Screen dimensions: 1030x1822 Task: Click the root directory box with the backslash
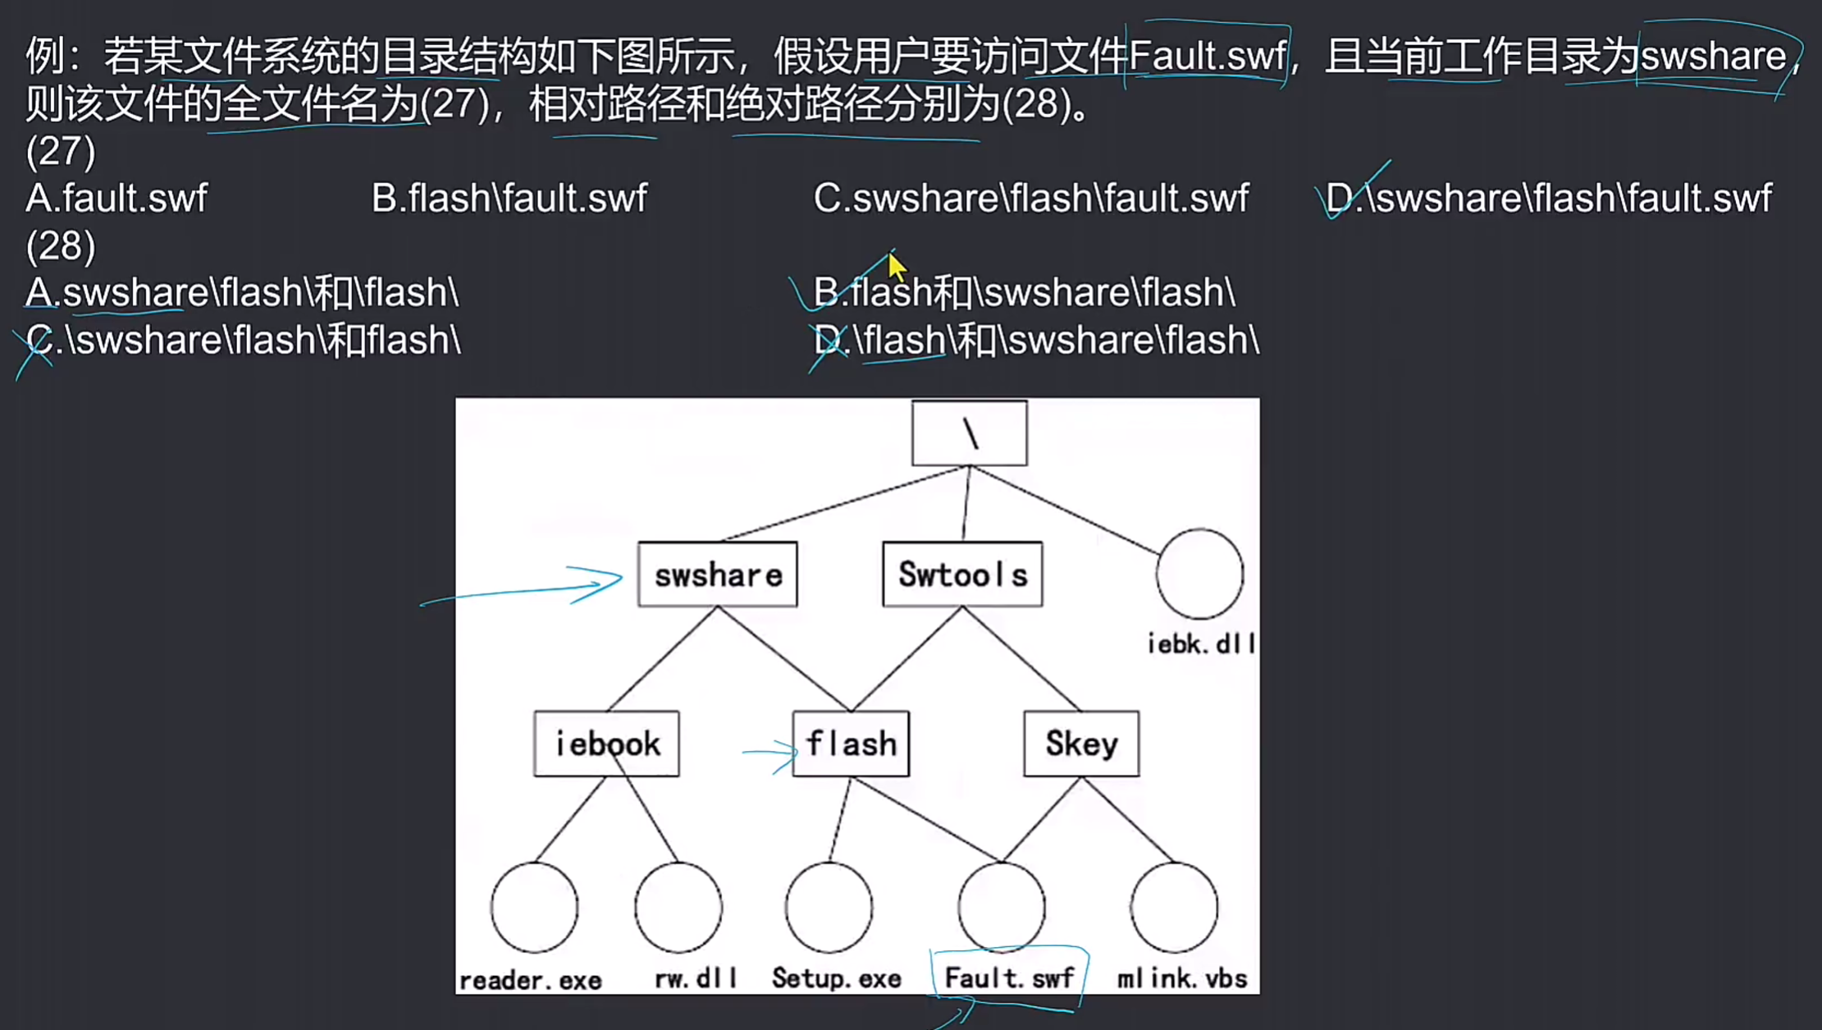(969, 433)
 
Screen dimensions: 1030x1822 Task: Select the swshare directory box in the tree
(717, 575)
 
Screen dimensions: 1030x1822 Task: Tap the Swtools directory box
(962, 575)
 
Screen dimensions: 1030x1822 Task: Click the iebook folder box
(606, 744)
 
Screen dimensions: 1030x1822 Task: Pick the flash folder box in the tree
(851, 744)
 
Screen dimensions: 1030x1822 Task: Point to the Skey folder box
(1081, 744)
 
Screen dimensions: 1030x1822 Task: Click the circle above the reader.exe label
(534, 907)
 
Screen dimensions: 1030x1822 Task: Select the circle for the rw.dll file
(678, 907)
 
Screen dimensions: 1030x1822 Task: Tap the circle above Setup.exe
(829, 907)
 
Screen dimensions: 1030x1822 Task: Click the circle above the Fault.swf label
(1002, 907)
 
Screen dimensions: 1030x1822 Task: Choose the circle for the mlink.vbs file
(1174, 907)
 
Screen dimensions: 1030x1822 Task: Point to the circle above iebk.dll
(1199, 574)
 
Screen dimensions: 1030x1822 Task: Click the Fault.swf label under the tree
(1008, 977)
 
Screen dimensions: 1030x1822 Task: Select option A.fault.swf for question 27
(116, 198)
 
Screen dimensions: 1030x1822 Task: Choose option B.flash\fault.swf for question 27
(509, 198)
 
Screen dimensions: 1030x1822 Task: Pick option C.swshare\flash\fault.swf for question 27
(1031, 198)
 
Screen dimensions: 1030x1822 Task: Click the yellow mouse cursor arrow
(896, 267)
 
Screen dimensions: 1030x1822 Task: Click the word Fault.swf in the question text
(1207, 56)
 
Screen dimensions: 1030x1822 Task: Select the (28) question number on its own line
(61, 245)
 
